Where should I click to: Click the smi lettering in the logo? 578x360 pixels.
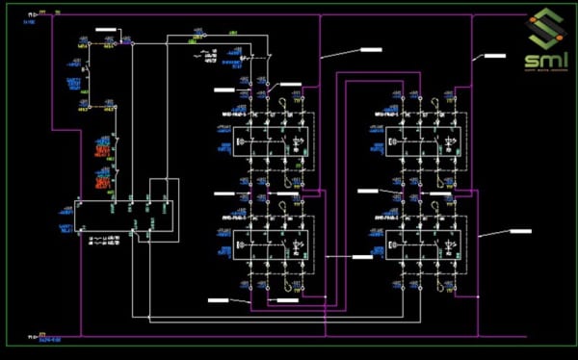click(x=540, y=59)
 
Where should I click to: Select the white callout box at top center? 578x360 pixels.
click(x=370, y=49)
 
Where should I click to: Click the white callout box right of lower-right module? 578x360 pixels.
click(x=520, y=232)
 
